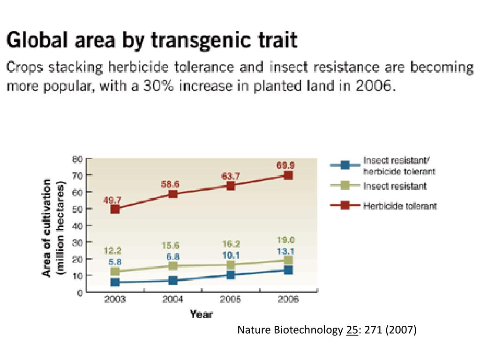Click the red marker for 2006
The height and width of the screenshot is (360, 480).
pyautogui.click(x=288, y=175)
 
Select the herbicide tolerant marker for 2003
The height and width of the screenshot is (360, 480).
pyautogui.click(x=115, y=209)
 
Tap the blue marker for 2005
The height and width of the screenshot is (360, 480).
pyautogui.click(x=231, y=275)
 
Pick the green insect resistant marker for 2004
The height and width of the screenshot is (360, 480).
pyautogui.click(x=173, y=266)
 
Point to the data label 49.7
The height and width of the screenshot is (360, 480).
pyautogui.click(x=112, y=200)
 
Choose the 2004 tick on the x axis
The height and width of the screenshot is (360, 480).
pyautogui.click(x=172, y=300)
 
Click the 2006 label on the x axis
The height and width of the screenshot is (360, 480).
pyautogui.click(x=288, y=300)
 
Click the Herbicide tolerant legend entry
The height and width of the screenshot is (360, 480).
pyautogui.click(x=400, y=206)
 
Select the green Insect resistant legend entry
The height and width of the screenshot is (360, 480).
pyautogui.click(x=395, y=186)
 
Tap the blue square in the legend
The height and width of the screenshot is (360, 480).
pyautogui.click(x=345, y=165)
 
